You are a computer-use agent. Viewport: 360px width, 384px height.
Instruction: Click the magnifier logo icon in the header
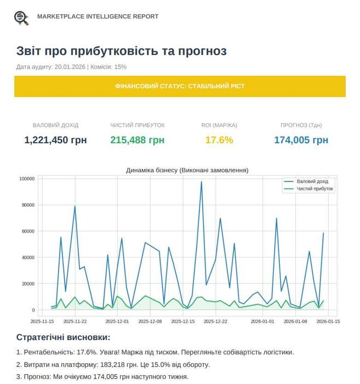tap(21, 17)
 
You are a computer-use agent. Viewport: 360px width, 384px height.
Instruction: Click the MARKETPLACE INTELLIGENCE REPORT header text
tap(98, 16)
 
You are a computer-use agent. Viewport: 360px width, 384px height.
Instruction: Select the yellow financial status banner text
tap(180, 87)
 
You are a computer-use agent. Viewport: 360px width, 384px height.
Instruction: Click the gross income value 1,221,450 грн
tap(55, 140)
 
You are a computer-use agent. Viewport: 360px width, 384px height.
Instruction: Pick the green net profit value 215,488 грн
tap(137, 140)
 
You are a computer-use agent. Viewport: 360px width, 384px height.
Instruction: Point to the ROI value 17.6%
tap(219, 140)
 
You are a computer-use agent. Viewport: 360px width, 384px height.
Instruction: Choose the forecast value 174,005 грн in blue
tap(301, 140)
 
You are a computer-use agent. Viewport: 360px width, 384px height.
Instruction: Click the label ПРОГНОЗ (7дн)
tap(301, 125)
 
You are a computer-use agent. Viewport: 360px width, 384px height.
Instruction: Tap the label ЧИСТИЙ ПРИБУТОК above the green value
tap(137, 125)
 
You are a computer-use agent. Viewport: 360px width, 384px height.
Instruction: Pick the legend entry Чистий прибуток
tap(315, 189)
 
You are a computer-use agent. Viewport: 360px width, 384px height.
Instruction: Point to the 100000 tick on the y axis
tap(27, 179)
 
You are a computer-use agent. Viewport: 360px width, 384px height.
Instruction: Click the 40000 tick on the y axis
tap(28, 257)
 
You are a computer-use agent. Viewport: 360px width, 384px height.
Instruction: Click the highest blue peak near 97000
tap(201, 182)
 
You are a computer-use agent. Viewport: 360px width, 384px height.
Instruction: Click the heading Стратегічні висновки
tap(63, 337)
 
